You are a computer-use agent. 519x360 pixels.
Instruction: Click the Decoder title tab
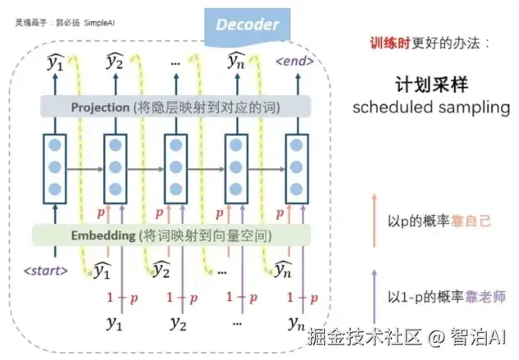point(248,24)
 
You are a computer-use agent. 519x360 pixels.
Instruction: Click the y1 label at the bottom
point(114,323)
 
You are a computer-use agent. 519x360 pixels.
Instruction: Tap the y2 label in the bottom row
point(175,323)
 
